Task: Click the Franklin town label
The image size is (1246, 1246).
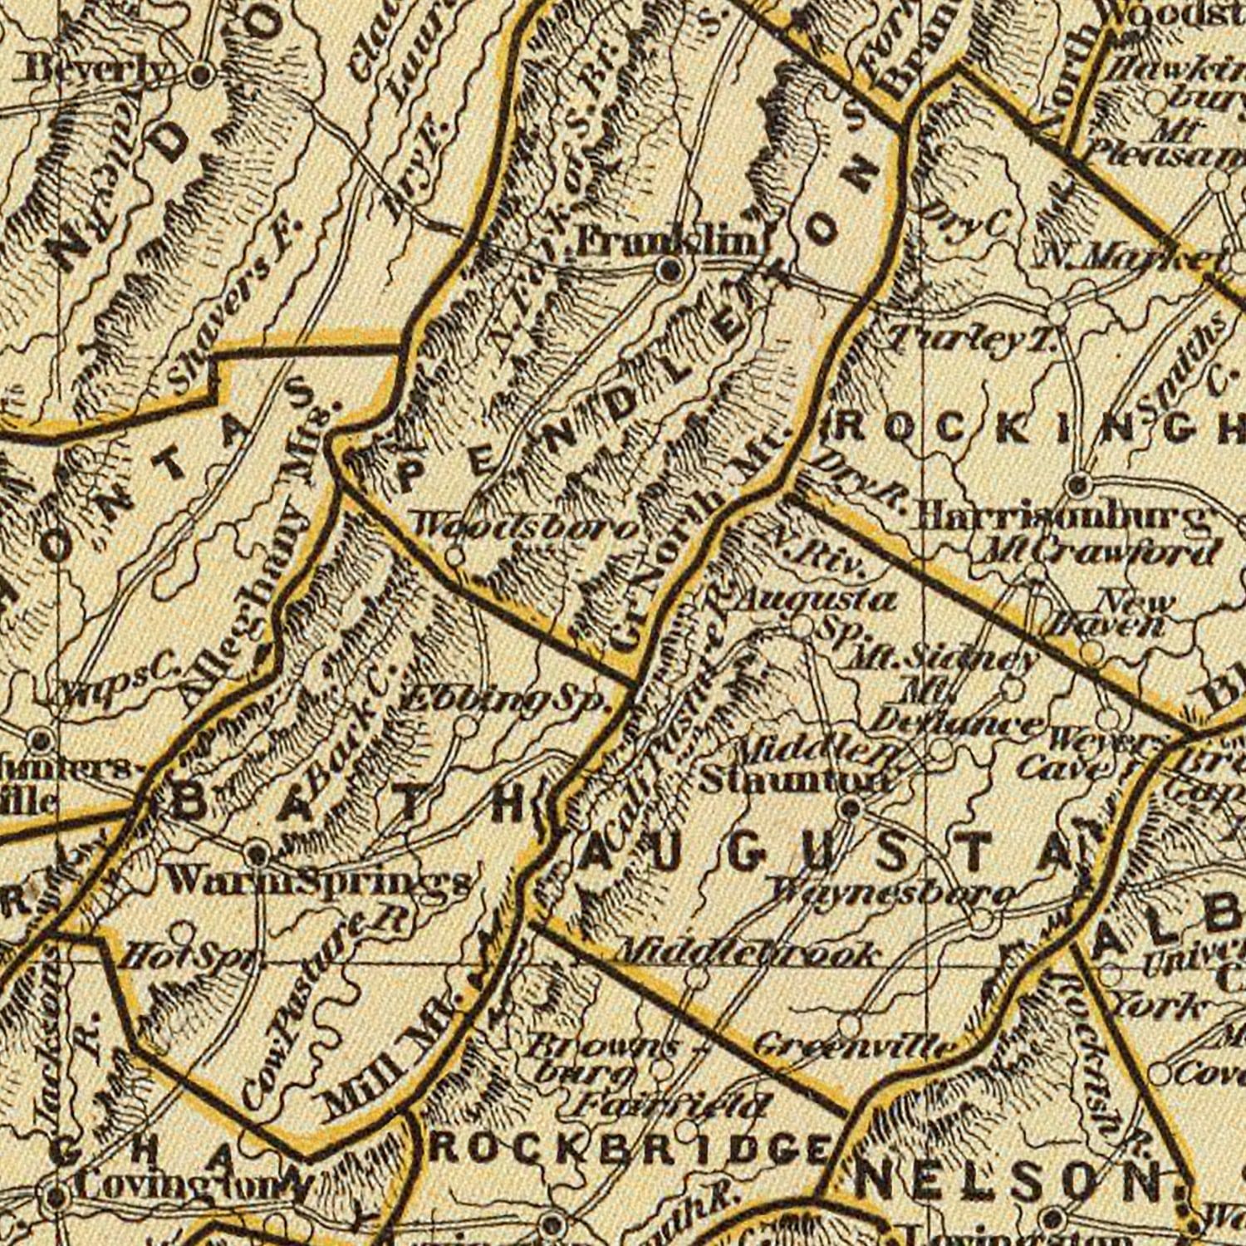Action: (669, 242)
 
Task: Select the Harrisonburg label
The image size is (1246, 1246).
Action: (1061, 518)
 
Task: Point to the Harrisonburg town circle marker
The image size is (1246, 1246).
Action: (1077, 483)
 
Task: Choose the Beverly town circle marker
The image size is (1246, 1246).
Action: (200, 75)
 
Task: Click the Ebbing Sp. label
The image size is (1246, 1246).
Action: (507, 702)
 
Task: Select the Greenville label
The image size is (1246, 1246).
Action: (856, 1044)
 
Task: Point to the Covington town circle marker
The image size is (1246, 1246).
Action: (56, 1197)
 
